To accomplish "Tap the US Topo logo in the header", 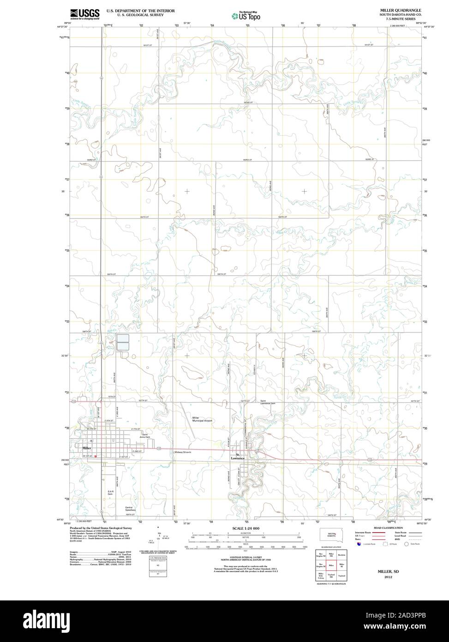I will coord(245,16).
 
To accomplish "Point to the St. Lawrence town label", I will coord(238,456).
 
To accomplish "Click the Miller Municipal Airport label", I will coord(202,419).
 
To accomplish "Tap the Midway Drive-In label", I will coord(183,452).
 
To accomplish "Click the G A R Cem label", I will coord(110,493).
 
